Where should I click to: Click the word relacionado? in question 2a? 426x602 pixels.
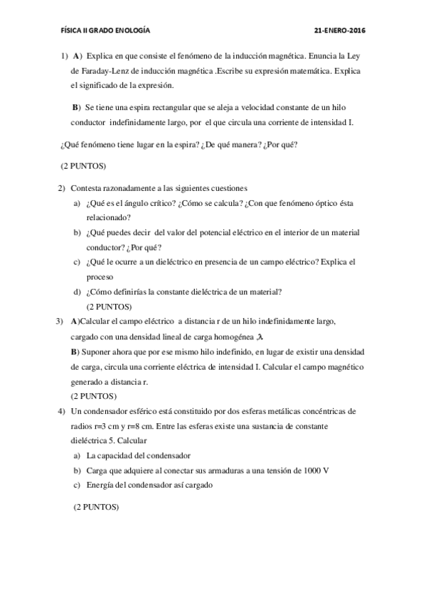click(107, 217)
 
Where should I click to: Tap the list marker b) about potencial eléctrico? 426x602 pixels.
click(76, 232)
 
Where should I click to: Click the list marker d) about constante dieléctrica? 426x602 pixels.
click(76, 292)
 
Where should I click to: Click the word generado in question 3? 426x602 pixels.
click(87, 381)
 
